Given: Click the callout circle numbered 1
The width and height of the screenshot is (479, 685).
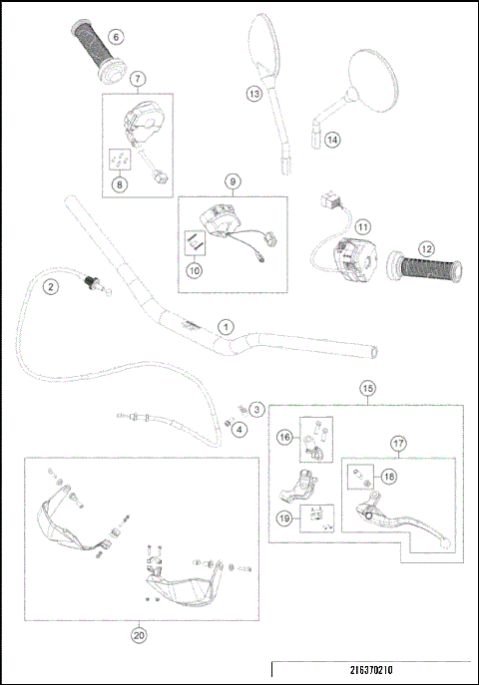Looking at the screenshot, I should pos(227,326).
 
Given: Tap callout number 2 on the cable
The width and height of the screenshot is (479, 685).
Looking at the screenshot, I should pos(48,287).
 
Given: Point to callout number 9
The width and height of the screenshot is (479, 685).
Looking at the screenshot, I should pos(232,181).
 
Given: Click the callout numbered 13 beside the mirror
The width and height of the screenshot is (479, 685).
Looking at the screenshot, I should pos(254,94).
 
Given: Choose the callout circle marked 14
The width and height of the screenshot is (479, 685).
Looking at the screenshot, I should pos(332,140).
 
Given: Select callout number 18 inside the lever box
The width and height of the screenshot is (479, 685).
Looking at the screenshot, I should pos(388,477).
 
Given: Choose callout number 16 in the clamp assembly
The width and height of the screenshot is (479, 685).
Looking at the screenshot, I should pos(283,436).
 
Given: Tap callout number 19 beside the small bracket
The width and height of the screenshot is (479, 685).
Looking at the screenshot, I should pos(283,517).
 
